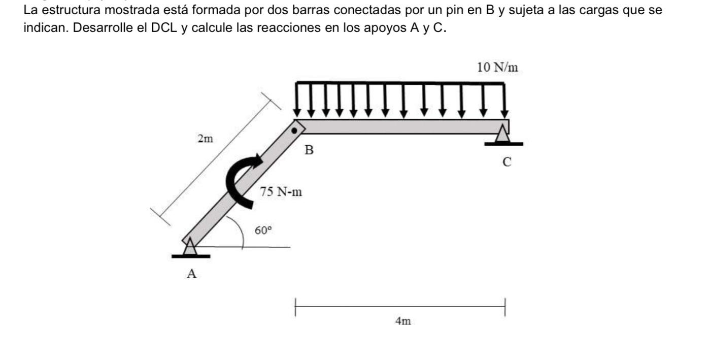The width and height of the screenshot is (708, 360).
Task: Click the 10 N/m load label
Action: (x=498, y=67)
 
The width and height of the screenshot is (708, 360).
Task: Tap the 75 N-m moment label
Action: (x=281, y=192)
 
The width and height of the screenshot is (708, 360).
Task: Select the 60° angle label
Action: (x=263, y=230)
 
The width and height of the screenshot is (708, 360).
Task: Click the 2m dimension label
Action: (x=206, y=139)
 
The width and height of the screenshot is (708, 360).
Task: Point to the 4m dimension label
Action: (x=403, y=321)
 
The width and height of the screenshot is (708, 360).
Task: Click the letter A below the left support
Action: (x=191, y=274)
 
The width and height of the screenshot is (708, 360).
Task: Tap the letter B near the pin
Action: (x=309, y=150)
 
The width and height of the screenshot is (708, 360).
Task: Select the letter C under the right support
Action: (x=507, y=162)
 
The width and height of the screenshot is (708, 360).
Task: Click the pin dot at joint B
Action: (x=294, y=130)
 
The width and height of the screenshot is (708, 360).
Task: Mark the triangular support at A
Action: (x=190, y=248)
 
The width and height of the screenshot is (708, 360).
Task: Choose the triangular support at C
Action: (x=502, y=136)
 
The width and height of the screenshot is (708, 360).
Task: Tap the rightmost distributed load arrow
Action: (x=504, y=99)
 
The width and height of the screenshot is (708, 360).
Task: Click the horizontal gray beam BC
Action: (x=401, y=126)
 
